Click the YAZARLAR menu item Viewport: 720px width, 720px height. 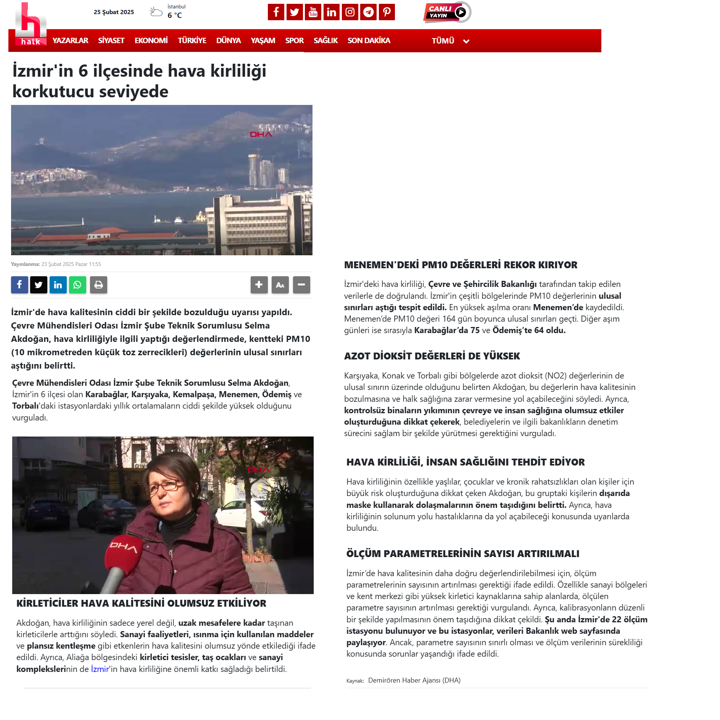pyautogui.click(x=70, y=40)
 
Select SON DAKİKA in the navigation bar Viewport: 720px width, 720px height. pyautogui.click(x=369, y=40)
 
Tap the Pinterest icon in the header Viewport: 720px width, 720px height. pyautogui.click(x=387, y=12)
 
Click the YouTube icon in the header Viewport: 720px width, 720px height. pyautogui.click(x=313, y=12)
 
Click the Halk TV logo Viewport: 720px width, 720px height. pyautogui.click(x=31, y=24)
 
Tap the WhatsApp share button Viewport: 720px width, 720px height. pyautogui.click(x=77, y=285)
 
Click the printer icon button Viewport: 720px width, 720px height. pyautogui.click(x=98, y=285)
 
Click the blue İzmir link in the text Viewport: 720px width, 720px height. pyautogui.click(x=100, y=669)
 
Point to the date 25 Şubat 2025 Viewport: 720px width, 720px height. pyautogui.click(x=114, y=12)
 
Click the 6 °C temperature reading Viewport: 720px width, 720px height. pyautogui.click(x=175, y=15)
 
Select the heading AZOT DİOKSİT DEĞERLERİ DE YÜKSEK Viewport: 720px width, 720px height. pyautogui.click(x=432, y=356)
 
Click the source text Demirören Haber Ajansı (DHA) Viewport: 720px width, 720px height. pyautogui.click(x=414, y=680)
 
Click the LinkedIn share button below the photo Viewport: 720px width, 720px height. pyautogui.click(x=58, y=285)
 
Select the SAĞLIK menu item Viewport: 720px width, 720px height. pyautogui.click(x=325, y=40)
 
